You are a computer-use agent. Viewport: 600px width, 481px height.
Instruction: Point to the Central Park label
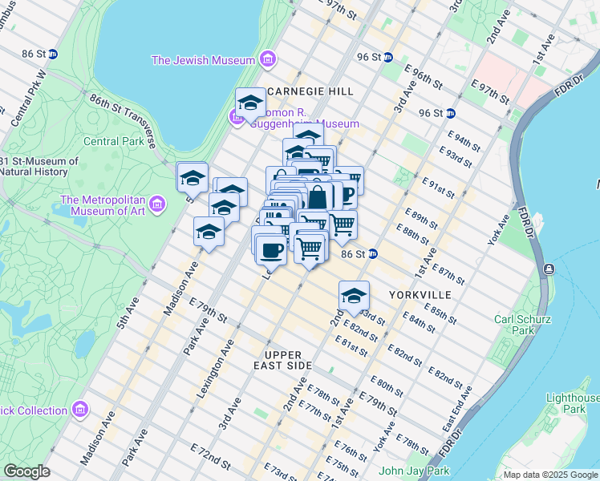pyautogui.click(x=114, y=141)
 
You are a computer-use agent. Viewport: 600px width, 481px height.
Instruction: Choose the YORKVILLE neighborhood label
pyautogui.click(x=420, y=295)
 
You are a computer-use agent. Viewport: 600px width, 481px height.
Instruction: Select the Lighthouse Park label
pyautogui.click(x=572, y=403)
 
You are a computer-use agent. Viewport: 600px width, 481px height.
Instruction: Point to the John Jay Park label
pyautogui.click(x=414, y=471)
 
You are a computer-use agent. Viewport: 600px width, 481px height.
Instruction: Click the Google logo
pyautogui.click(x=26, y=471)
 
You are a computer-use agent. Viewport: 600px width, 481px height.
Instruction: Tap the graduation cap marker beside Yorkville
pyautogui.click(x=353, y=296)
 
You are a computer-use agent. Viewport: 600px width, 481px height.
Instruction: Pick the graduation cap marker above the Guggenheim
pyautogui.click(x=250, y=103)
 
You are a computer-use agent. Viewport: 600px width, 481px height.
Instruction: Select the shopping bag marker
pyautogui.click(x=318, y=196)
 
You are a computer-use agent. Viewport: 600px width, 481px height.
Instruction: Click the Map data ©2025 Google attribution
pyautogui.click(x=550, y=475)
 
